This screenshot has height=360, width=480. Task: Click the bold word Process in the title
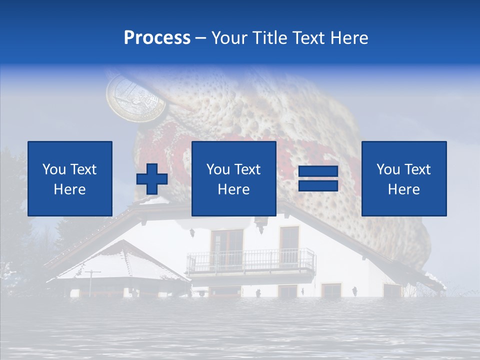(157, 38)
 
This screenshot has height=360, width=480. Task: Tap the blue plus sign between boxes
(152, 179)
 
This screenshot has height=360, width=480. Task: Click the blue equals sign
(318, 178)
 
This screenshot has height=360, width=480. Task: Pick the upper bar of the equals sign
(318, 172)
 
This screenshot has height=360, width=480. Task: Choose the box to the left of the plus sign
(70, 178)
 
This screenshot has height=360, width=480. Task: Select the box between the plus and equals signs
(233, 178)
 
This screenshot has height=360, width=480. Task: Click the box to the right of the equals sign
(403, 178)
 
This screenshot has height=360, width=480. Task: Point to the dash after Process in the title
(200, 38)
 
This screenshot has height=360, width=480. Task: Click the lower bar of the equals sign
(318, 185)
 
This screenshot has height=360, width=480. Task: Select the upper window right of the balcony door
(289, 239)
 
